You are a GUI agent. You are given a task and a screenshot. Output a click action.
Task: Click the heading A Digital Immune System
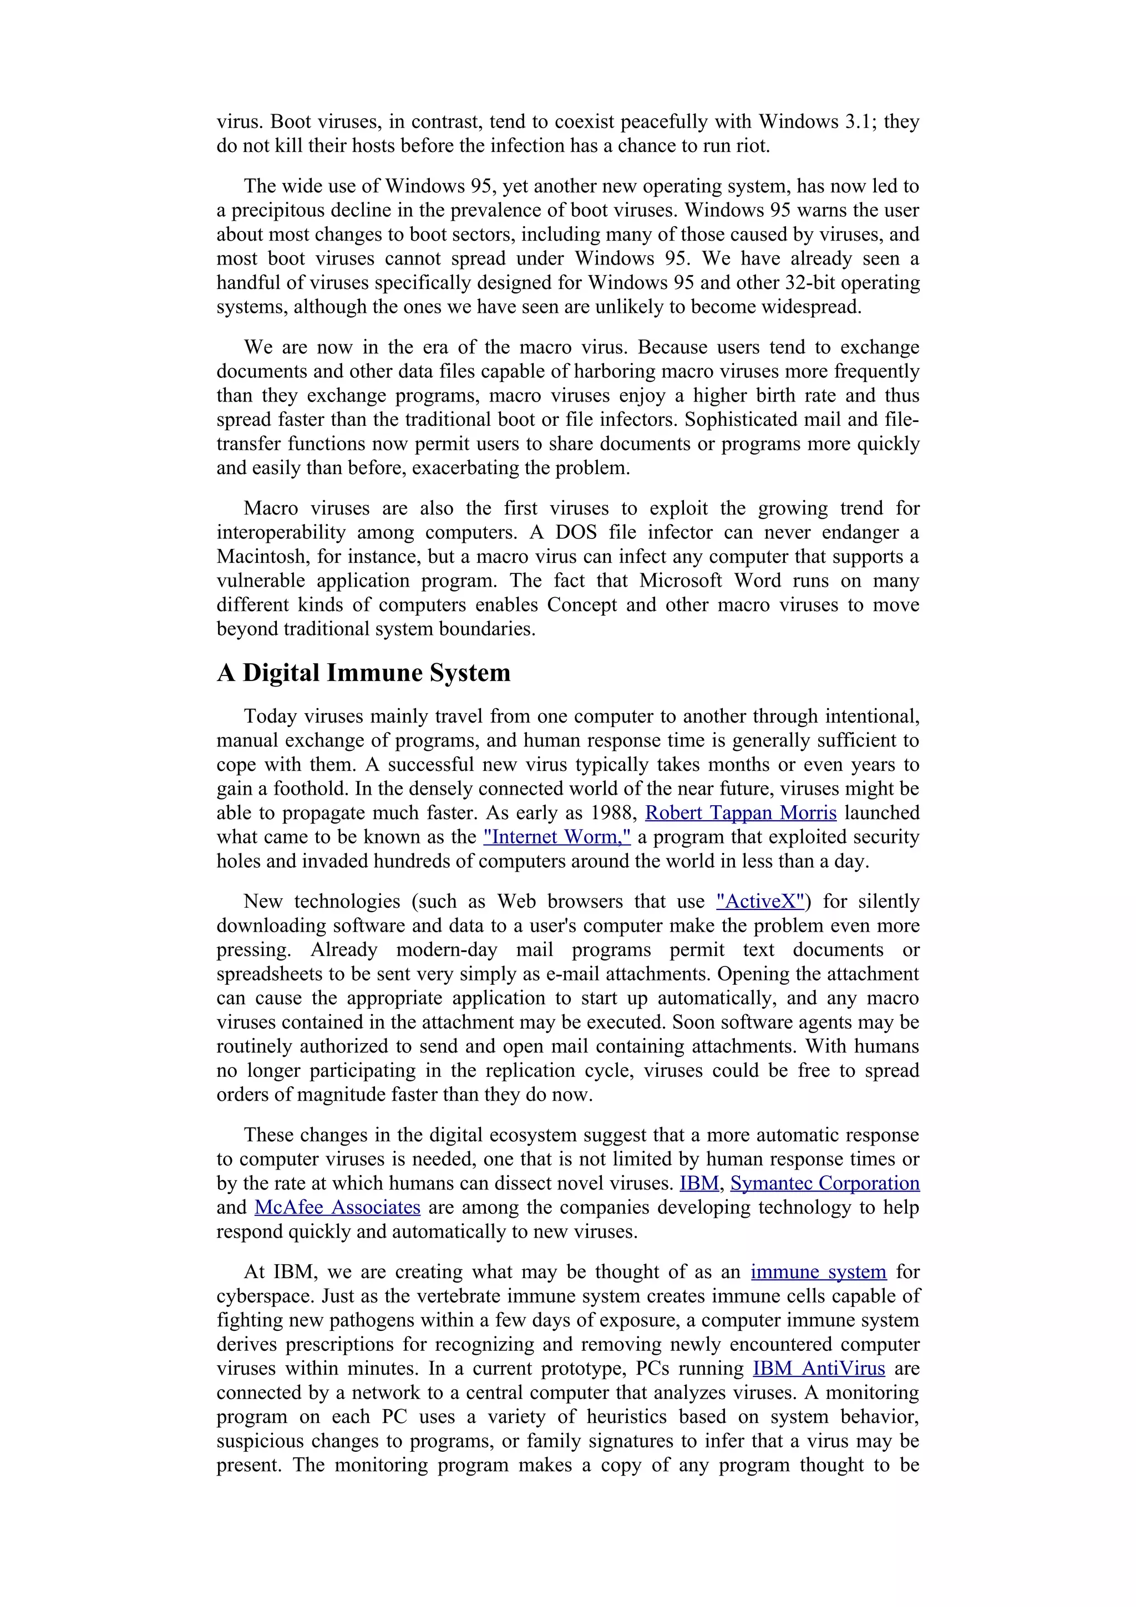(x=363, y=673)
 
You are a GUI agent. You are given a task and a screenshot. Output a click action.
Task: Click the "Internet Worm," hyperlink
(x=556, y=837)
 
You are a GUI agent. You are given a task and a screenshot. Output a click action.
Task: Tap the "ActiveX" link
(x=760, y=902)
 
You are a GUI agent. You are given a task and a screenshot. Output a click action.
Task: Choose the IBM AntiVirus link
(x=818, y=1369)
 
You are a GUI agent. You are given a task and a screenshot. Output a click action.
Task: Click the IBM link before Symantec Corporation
(x=698, y=1183)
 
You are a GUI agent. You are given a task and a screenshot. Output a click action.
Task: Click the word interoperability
(x=281, y=533)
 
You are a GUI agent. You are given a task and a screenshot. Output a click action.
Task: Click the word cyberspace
(x=265, y=1296)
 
